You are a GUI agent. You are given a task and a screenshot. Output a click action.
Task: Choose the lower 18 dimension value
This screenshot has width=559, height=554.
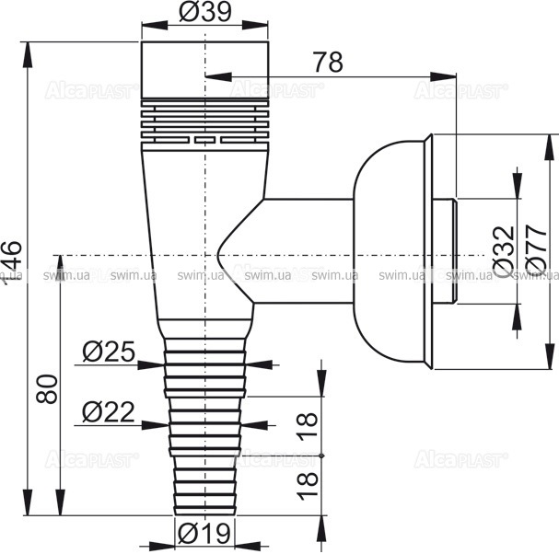[x=309, y=480]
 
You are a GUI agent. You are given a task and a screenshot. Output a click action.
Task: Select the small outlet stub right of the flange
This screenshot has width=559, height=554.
[x=448, y=253]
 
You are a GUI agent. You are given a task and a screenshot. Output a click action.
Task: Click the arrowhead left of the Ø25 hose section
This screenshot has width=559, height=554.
[x=147, y=364]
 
